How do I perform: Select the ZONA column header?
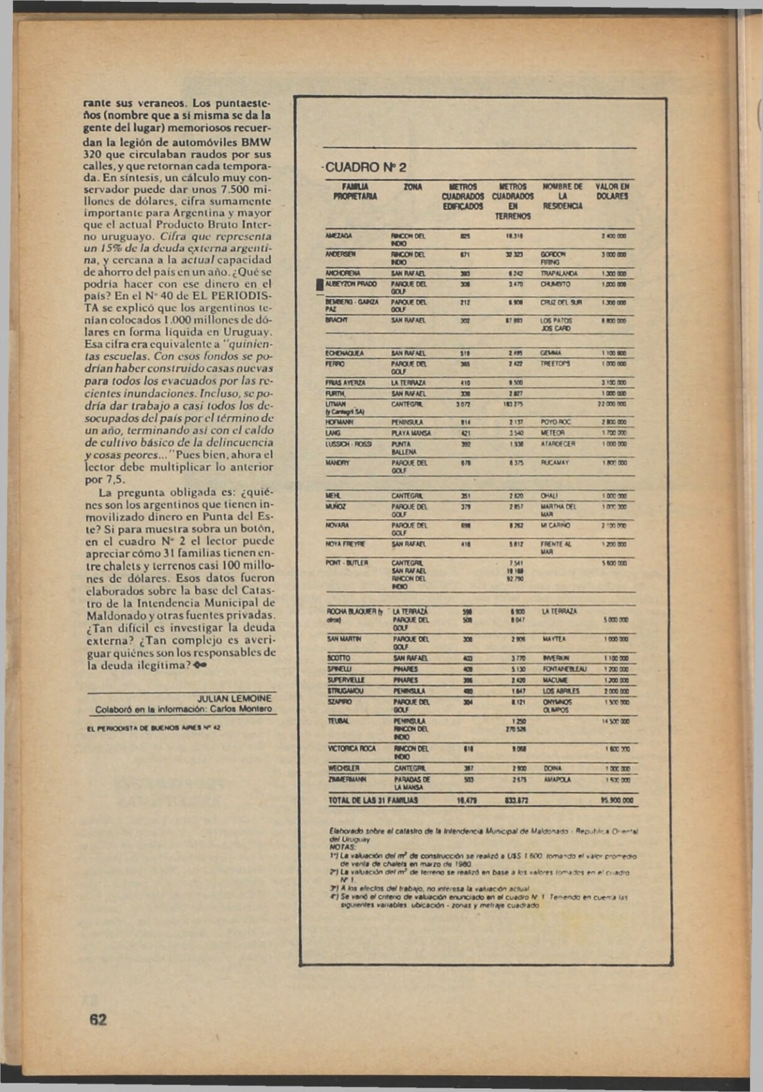(412, 187)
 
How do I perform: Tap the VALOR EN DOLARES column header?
(612, 191)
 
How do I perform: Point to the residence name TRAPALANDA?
(560, 273)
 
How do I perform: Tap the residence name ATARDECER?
(558, 444)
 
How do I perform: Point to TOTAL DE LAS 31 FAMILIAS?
(372, 801)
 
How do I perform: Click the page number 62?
(98, 1019)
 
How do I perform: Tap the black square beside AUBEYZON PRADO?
(320, 284)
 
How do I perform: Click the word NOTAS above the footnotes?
(342, 847)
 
